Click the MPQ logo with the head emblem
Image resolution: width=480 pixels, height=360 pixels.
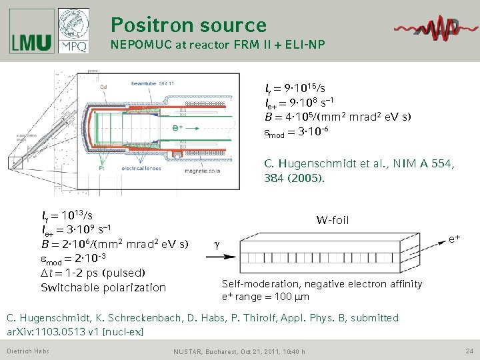click(73, 31)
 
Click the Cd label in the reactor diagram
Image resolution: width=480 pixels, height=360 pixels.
click(104, 86)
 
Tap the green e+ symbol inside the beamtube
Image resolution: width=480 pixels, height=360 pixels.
click(177, 127)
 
